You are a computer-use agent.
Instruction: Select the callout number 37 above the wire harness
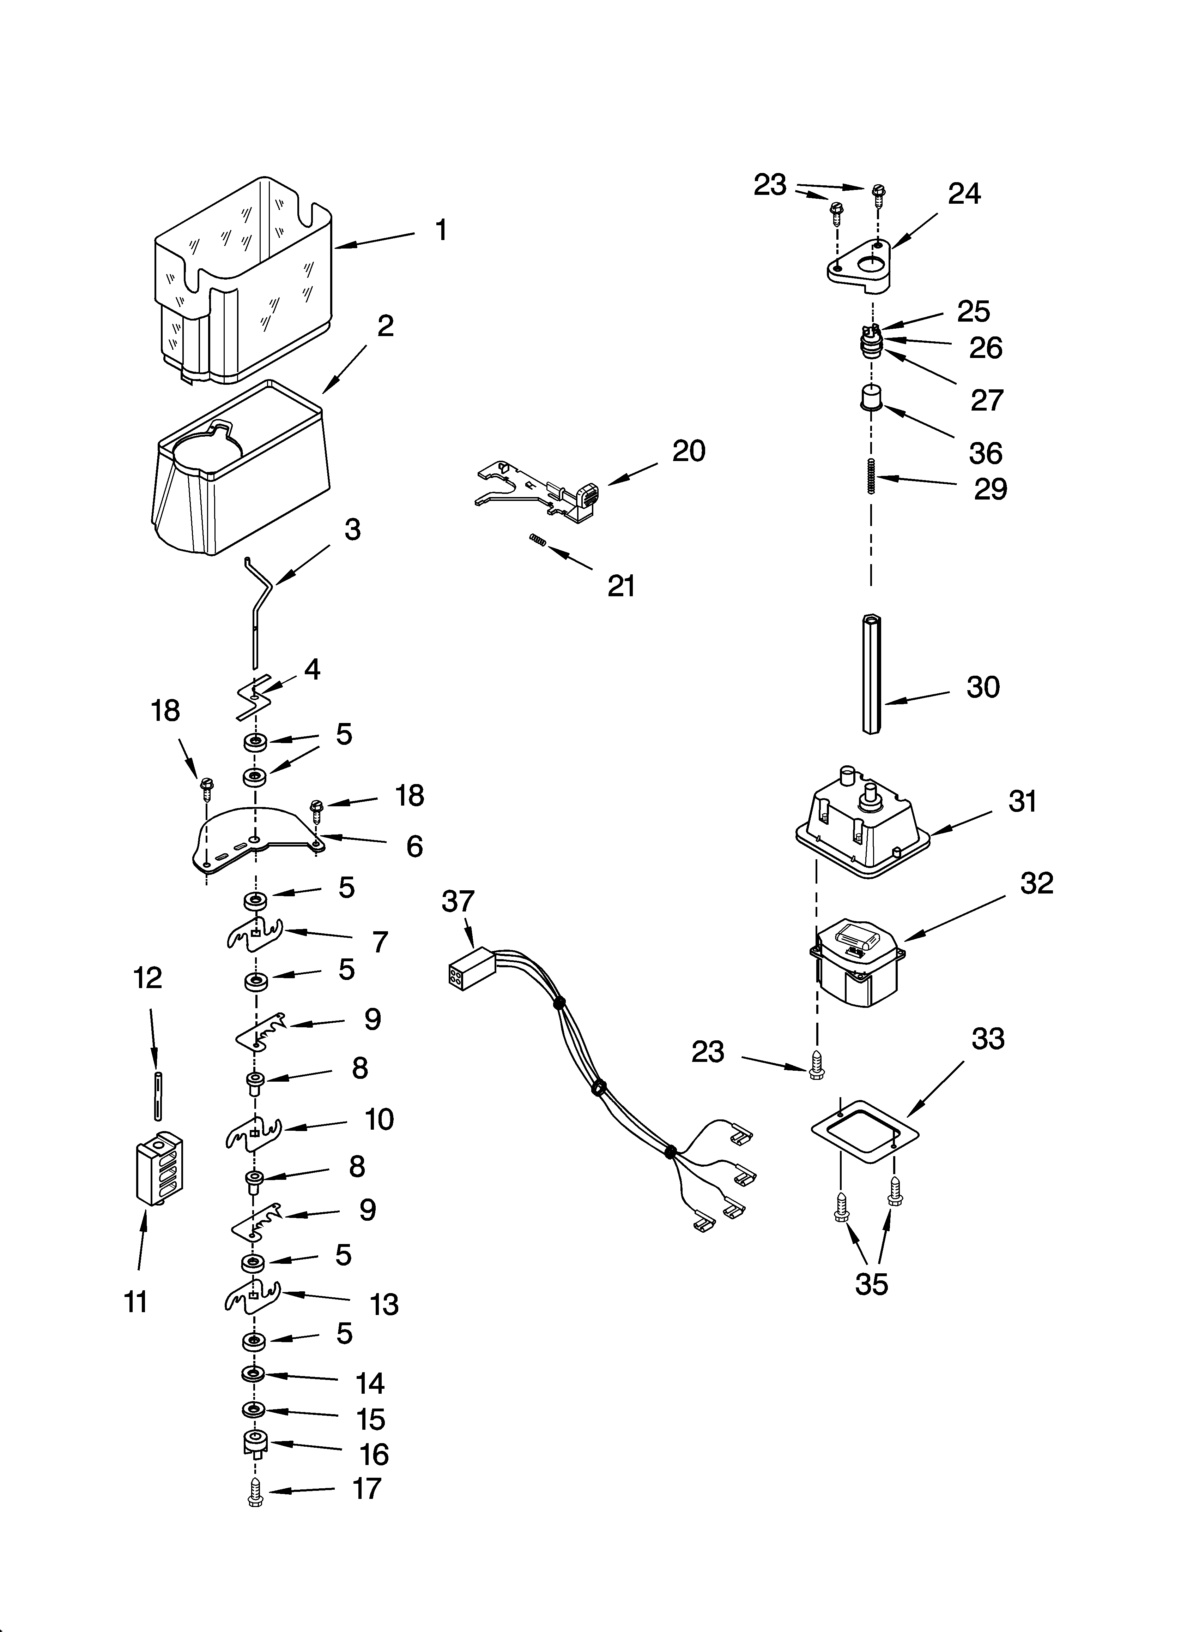[458, 902]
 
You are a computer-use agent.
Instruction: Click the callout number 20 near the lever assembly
[688, 451]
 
